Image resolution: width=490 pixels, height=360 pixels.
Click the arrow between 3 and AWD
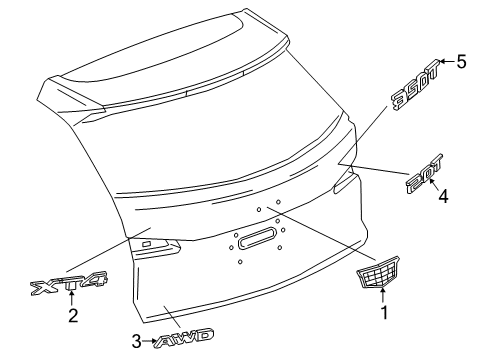tap(153, 341)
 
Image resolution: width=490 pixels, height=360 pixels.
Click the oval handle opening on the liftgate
tap(257, 267)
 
